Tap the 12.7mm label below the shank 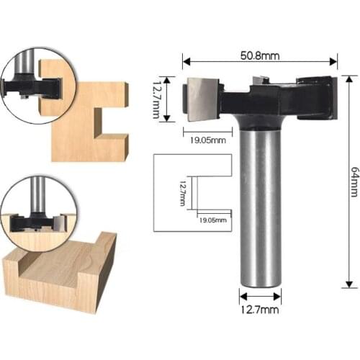pyautogui.click(x=260, y=311)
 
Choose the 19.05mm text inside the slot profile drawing pyautogui.click(x=212, y=219)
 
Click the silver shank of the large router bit pyautogui.click(x=260, y=209)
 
